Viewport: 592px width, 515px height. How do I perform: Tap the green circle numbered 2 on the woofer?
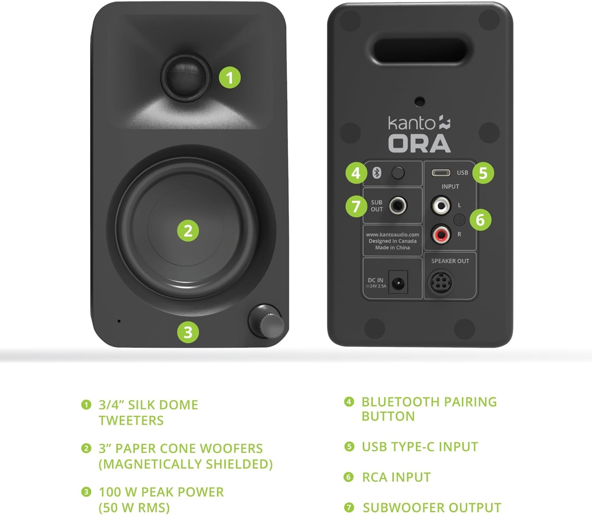coord(188,231)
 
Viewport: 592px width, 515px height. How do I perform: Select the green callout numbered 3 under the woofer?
coord(188,332)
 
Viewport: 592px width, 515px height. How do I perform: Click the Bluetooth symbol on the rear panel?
coord(377,173)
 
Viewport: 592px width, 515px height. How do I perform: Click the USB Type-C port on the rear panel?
coord(440,173)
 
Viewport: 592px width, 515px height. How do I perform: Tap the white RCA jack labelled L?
coord(440,205)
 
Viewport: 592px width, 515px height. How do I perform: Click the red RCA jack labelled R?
coord(440,235)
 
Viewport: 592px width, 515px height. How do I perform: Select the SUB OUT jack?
coord(398,206)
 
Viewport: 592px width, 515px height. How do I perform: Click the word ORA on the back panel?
coord(419,143)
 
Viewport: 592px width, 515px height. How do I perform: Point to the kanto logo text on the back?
coord(412,123)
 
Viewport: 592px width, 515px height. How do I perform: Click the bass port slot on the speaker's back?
coord(420,51)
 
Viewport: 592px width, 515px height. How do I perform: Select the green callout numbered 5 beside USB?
coord(483,173)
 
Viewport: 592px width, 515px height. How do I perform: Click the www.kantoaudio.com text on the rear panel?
coord(392,235)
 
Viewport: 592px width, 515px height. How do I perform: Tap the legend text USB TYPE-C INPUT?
coord(420,447)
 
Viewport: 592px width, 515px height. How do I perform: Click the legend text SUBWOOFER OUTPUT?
coord(432,507)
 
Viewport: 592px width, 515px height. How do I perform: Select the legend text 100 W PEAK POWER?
coord(161,492)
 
